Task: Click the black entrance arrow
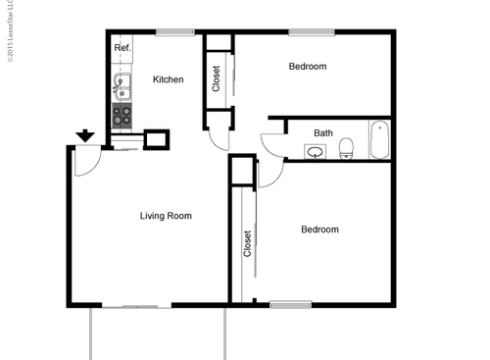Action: pyautogui.click(x=85, y=135)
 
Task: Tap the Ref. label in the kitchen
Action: pyautogui.click(x=122, y=47)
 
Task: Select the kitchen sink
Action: pyautogui.click(x=122, y=87)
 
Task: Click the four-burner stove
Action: pyautogui.click(x=122, y=117)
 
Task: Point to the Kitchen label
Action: pyautogui.click(x=168, y=79)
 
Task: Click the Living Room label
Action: pyautogui.click(x=166, y=216)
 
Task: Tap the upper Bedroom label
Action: pyautogui.click(x=307, y=67)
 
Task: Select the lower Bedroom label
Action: pyautogui.click(x=318, y=230)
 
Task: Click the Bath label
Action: pyautogui.click(x=323, y=133)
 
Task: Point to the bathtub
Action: pyautogui.click(x=379, y=139)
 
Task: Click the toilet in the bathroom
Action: pyautogui.click(x=346, y=149)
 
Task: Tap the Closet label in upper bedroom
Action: pyautogui.click(x=217, y=78)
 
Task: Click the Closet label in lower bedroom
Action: pyautogui.click(x=247, y=244)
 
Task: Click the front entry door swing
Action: pyautogui.click(x=86, y=162)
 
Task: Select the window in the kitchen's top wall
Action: pyautogui.click(x=173, y=32)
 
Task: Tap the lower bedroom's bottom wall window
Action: pyautogui.click(x=290, y=304)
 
